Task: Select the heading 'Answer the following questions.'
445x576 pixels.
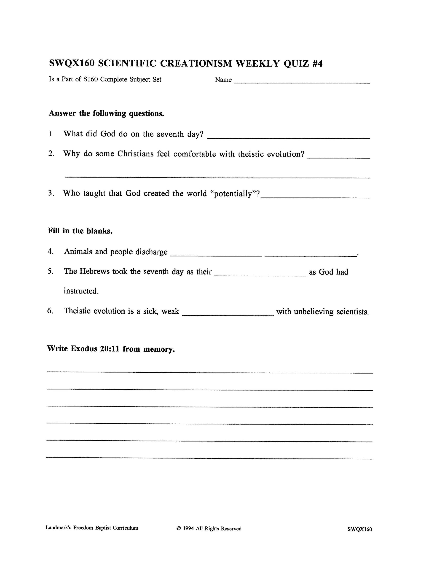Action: click(x=107, y=113)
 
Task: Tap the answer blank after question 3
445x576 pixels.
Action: click(x=315, y=196)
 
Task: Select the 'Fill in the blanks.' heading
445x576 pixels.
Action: click(x=80, y=231)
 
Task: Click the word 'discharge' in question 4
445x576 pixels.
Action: click(x=151, y=252)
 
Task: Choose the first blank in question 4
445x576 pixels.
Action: click(x=216, y=255)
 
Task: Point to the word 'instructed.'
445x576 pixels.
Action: click(x=81, y=291)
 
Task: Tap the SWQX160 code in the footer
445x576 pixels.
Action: click(x=359, y=529)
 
